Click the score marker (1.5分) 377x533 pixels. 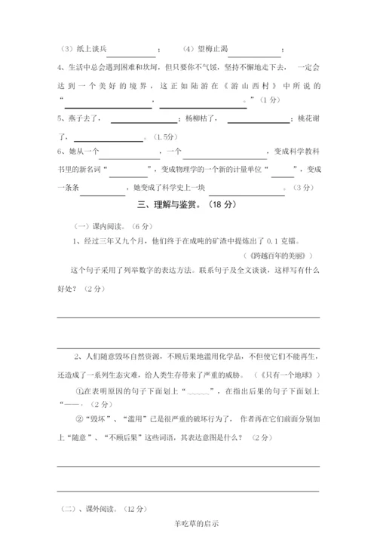click(164, 136)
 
